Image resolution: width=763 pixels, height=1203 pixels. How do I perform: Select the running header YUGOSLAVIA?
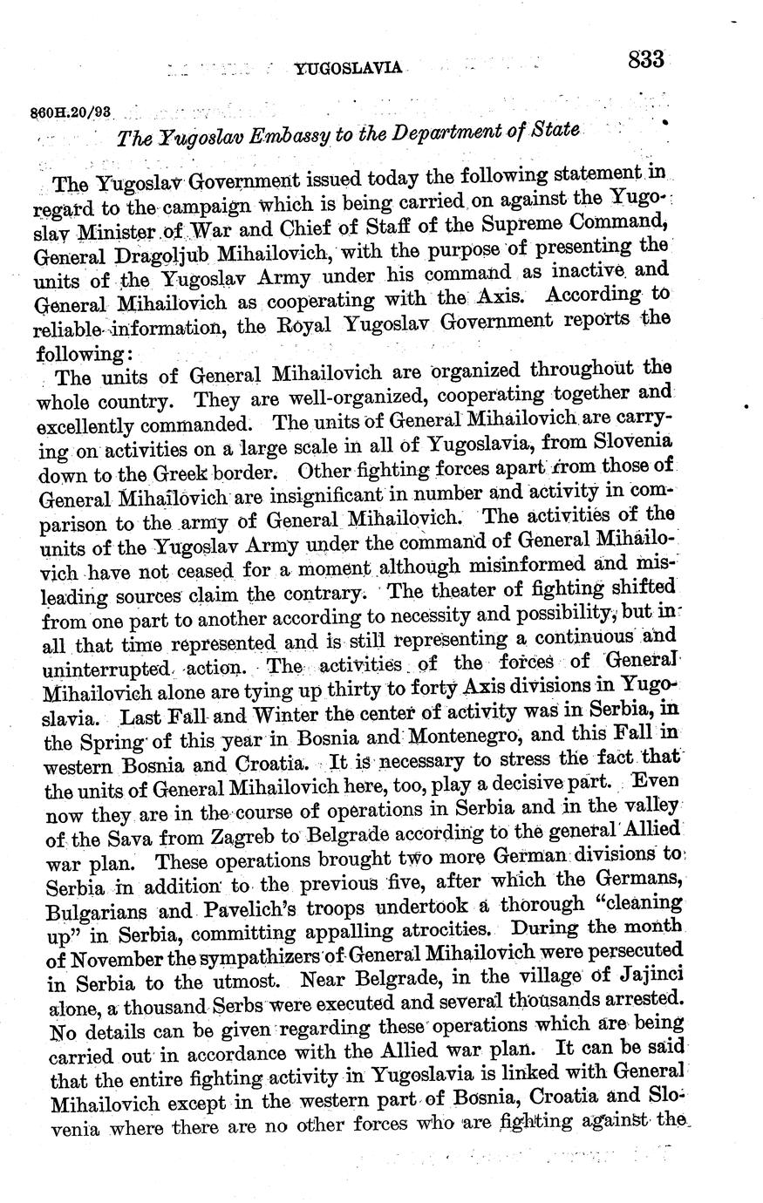click(x=348, y=68)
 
